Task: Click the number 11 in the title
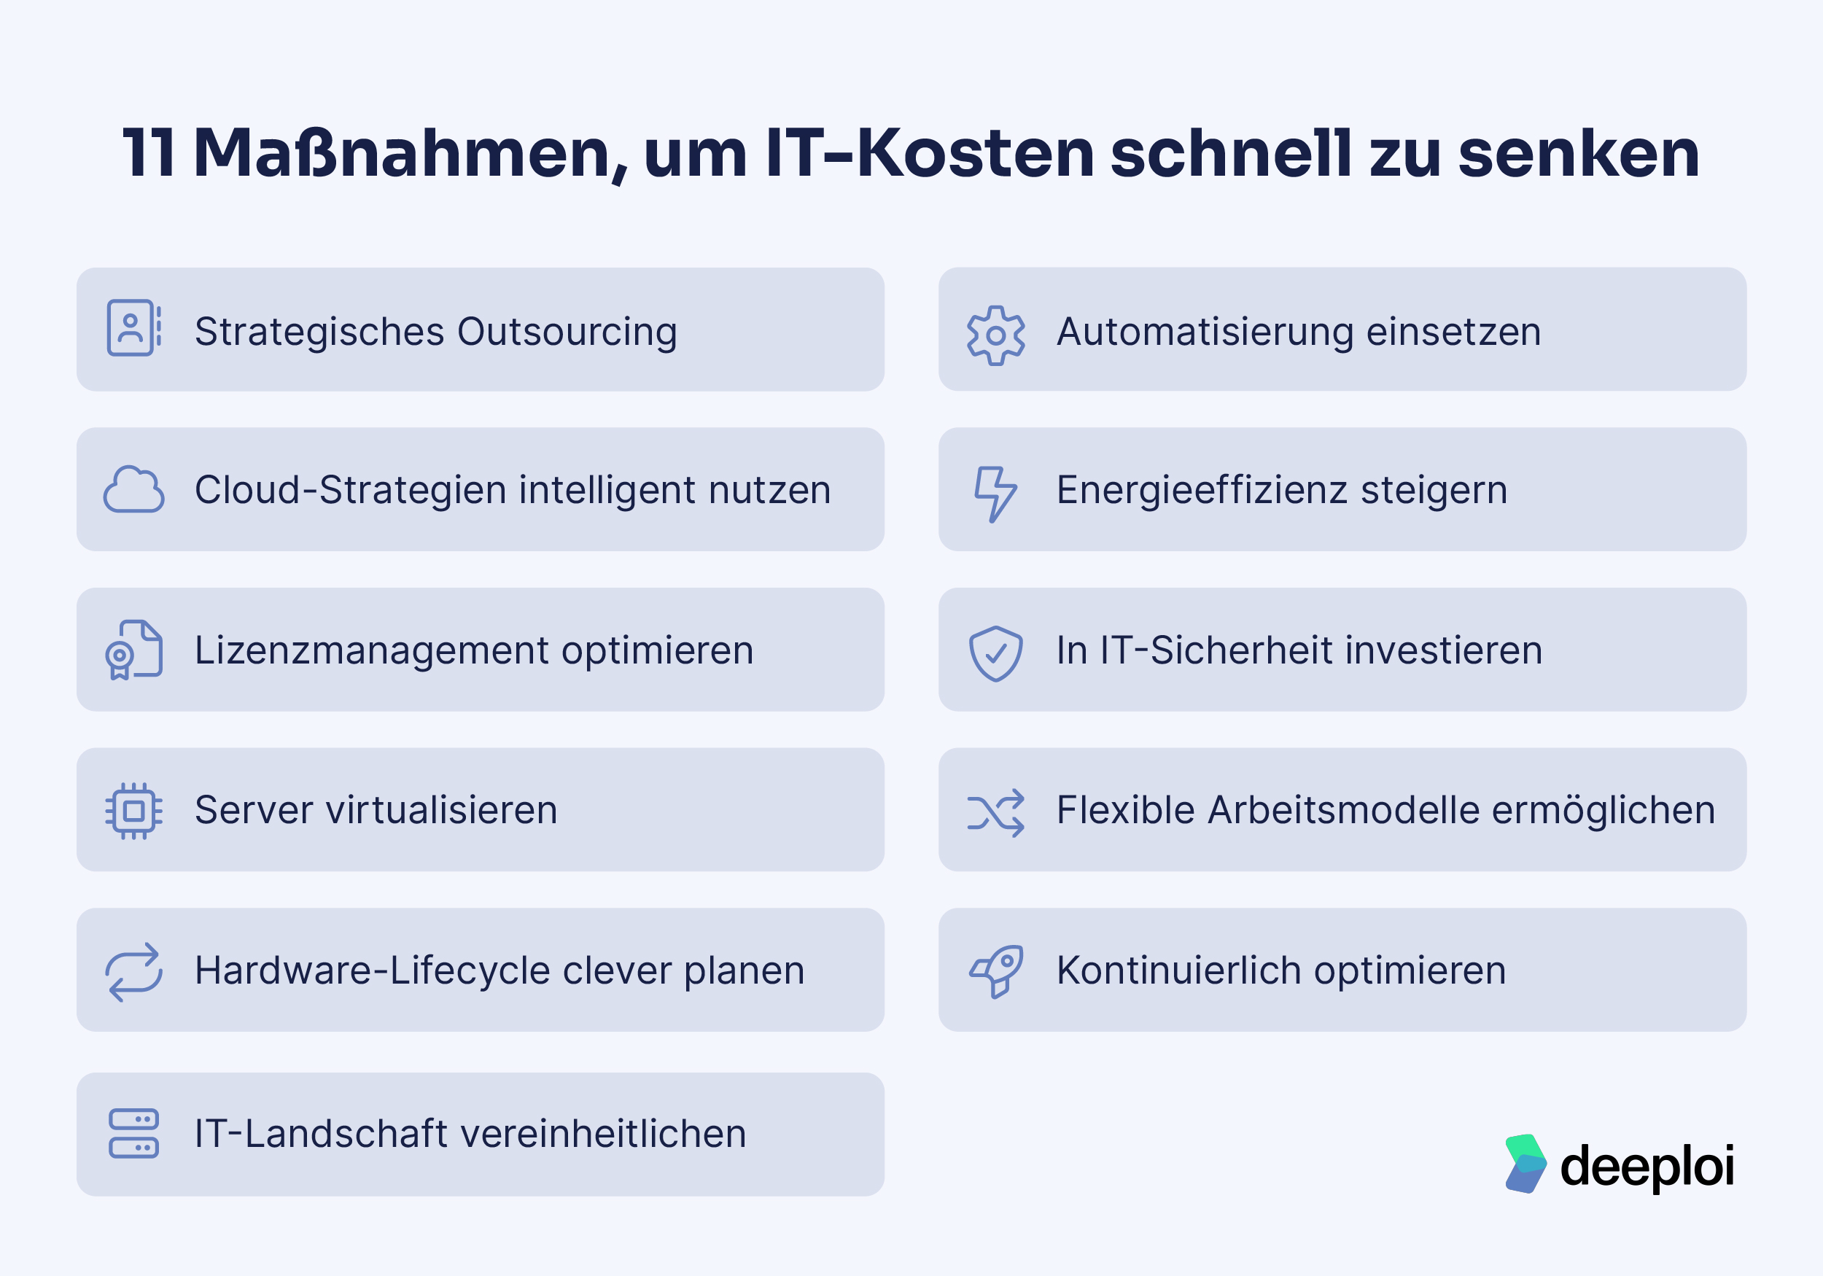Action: pyautogui.click(x=149, y=152)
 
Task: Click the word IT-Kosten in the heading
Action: pyautogui.click(x=930, y=152)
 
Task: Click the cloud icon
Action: pyautogui.click(x=133, y=490)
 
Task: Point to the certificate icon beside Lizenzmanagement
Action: pyautogui.click(x=133, y=650)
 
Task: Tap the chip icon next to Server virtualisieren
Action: pyautogui.click(x=133, y=811)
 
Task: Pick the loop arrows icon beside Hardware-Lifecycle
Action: pyautogui.click(x=133, y=971)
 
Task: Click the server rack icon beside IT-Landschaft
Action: pyautogui.click(x=133, y=1133)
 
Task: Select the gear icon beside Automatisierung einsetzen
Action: pyautogui.click(x=995, y=335)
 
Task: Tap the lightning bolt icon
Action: pyautogui.click(x=995, y=494)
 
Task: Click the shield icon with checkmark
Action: pyautogui.click(x=995, y=653)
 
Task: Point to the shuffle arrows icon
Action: pyautogui.click(x=995, y=813)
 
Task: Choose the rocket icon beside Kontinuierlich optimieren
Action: pyautogui.click(x=995, y=971)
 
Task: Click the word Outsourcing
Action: pyautogui.click(x=567, y=332)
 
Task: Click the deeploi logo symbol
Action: pyautogui.click(x=1525, y=1163)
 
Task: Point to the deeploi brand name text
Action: pyautogui.click(x=1647, y=1167)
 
